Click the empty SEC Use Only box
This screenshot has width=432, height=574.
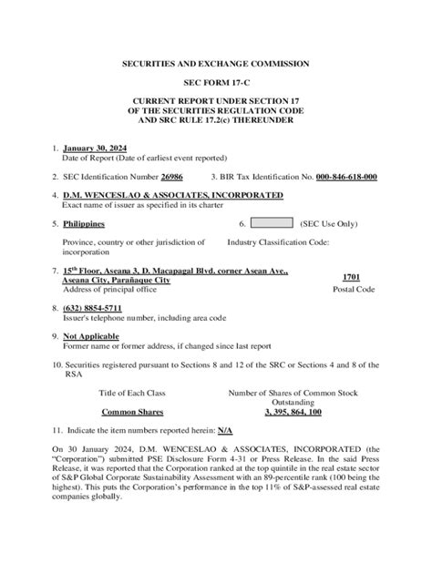270,223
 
